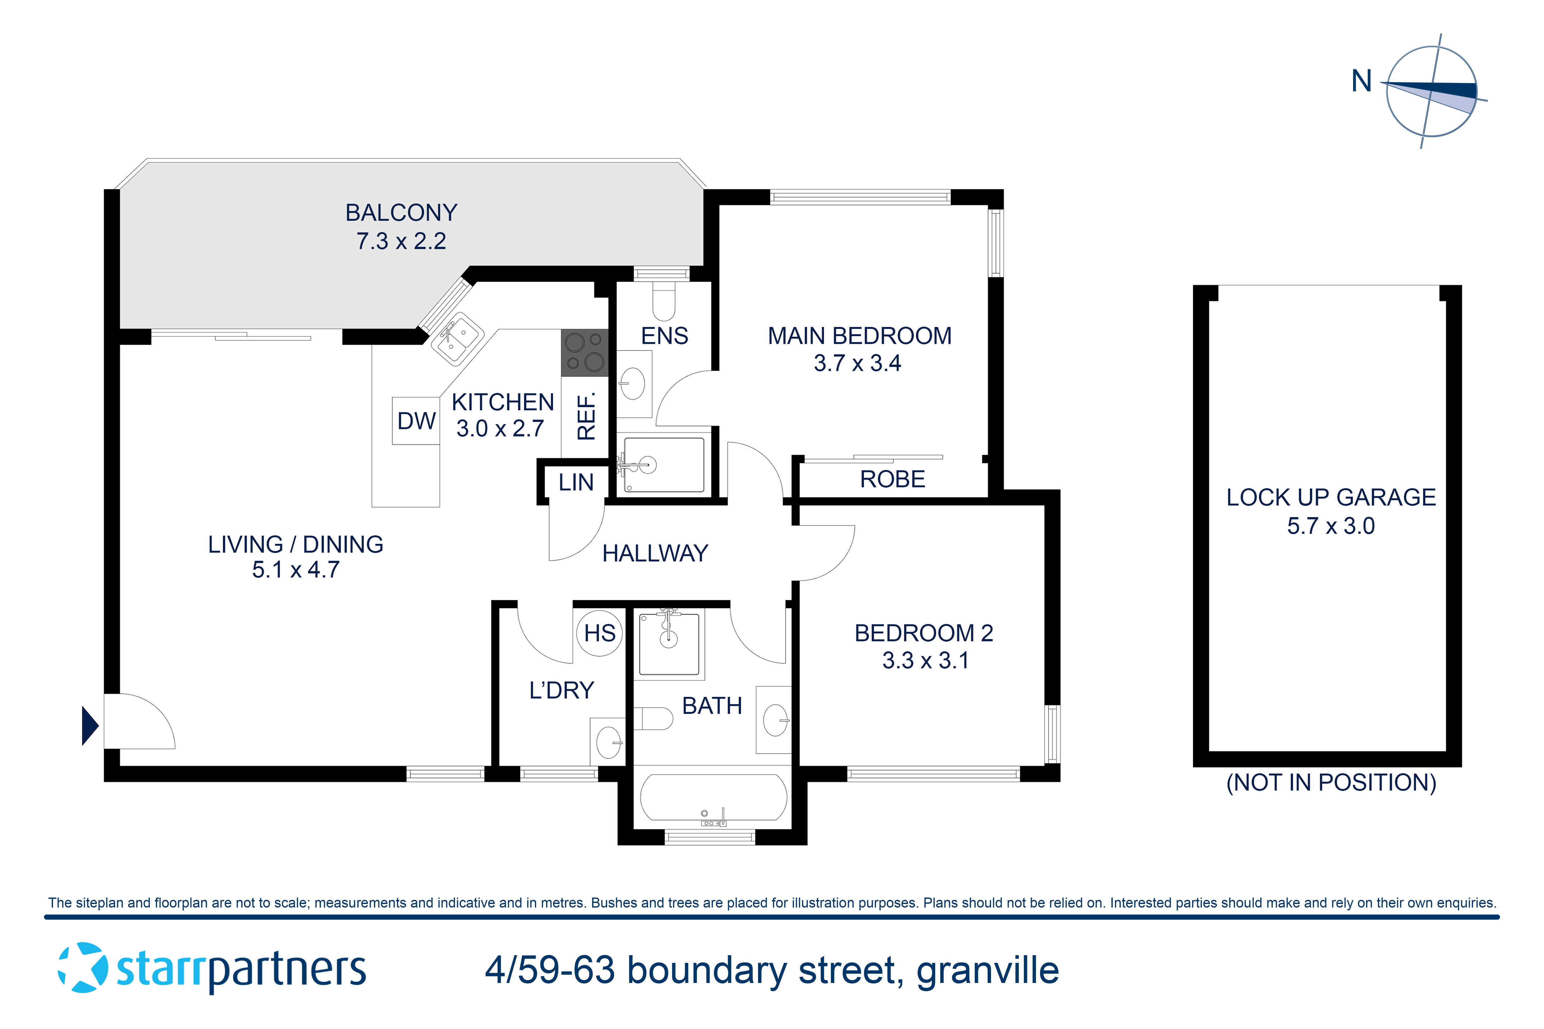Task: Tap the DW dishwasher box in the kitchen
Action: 416,421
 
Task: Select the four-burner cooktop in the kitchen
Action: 584,352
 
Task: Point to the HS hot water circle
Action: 599,633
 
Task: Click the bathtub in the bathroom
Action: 713,797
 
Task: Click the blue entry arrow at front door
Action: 89,725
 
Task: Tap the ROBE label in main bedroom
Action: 892,480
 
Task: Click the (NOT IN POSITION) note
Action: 1331,783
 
